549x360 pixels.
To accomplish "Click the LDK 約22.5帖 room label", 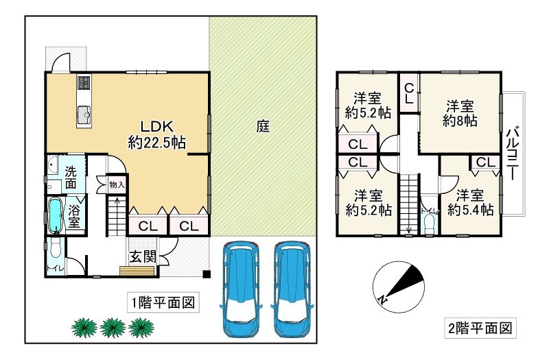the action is (157, 134).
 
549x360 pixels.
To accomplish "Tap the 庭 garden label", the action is (263, 126).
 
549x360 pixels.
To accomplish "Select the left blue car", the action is (241, 289).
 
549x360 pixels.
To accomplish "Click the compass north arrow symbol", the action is (399, 287).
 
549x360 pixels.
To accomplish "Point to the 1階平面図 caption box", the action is (163, 302).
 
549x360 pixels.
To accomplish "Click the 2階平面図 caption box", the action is (480, 328).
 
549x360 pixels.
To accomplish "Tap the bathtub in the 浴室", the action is (55, 216).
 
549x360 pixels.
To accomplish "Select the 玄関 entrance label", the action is (143, 257).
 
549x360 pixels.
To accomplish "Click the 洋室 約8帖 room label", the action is (460, 113).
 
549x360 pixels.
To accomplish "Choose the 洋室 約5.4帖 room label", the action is (470, 202).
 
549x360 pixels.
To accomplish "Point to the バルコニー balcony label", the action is (513, 153).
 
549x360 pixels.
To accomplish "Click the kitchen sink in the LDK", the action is (84, 115).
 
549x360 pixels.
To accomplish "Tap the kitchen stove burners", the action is (84, 82).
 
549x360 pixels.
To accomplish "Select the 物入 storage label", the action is (117, 184).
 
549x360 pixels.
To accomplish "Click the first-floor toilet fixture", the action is (55, 249).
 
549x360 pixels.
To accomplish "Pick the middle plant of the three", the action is (113, 328).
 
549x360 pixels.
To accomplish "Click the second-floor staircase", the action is (408, 204).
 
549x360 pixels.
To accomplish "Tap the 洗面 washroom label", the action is (71, 178).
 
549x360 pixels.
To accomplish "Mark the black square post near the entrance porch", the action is (207, 274).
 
